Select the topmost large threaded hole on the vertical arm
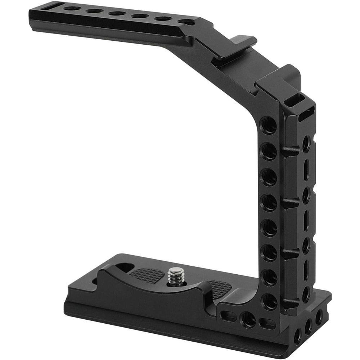tap(269, 125)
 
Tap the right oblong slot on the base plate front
tap(267, 323)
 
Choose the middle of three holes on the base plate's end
tap(308, 327)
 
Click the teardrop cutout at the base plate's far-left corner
tap(124, 267)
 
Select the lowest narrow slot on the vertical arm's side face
tap(306, 269)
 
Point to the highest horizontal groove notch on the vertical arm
tap(290, 150)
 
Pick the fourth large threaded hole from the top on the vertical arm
tap(269, 203)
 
